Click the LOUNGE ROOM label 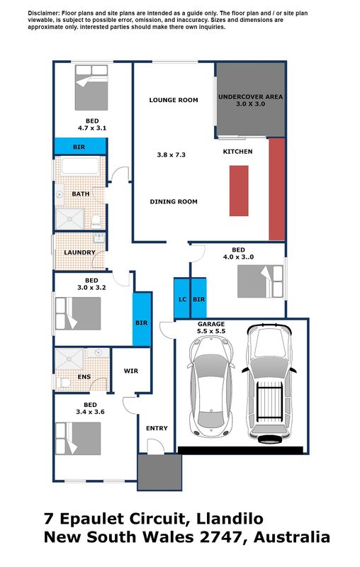(174, 100)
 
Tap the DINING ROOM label (174, 201)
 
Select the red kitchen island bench (239, 191)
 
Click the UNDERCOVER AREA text (250, 96)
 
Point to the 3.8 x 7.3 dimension (171, 155)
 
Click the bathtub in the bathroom (80, 166)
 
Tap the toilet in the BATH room (96, 221)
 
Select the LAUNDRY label (79, 252)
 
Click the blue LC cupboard (182, 298)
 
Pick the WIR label (131, 371)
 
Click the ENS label (84, 376)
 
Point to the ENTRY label (157, 428)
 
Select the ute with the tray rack (269, 383)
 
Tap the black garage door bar (240, 450)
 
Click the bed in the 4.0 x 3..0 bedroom (260, 281)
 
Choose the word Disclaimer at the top (43, 13)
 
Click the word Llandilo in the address (230, 519)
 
